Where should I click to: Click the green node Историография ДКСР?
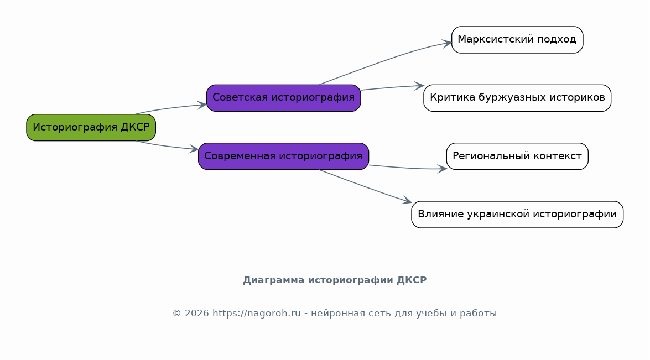tap(91, 128)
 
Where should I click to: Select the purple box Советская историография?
tap(284, 98)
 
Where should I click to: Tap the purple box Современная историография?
tap(284, 156)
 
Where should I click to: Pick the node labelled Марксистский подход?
tap(517, 40)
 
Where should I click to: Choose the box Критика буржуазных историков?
tap(517, 98)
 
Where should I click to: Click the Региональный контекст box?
tap(517, 156)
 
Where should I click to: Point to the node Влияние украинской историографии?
tap(517, 215)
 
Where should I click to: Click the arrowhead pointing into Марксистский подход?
tap(447, 43)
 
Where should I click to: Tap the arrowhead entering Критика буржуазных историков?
tap(419, 86)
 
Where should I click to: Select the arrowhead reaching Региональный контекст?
tap(443, 169)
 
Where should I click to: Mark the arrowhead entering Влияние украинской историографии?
tap(407, 201)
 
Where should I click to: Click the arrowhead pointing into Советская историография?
tap(202, 105)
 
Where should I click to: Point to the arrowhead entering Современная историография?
tap(194, 149)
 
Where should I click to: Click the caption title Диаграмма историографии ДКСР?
tap(335, 280)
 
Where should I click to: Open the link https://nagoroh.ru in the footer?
tap(257, 313)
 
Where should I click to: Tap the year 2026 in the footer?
tap(197, 313)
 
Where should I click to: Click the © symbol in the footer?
tap(176, 314)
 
